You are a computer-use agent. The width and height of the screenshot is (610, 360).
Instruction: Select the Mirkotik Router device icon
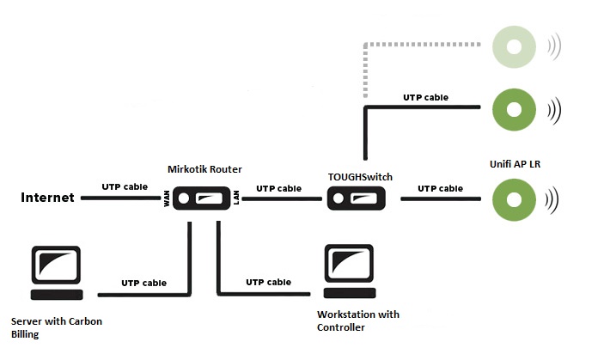point(204,200)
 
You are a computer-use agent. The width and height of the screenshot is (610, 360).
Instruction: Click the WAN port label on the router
point(167,200)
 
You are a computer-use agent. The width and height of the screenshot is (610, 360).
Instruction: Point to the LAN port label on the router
point(237,200)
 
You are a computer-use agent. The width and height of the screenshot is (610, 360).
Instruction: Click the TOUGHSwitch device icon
point(359,200)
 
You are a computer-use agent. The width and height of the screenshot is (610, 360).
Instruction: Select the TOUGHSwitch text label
point(360,177)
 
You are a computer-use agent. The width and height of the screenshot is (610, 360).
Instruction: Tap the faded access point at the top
point(514,47)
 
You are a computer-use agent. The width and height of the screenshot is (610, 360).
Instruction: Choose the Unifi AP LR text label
point(519,162)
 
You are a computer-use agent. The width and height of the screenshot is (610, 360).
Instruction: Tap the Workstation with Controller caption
point(357,320)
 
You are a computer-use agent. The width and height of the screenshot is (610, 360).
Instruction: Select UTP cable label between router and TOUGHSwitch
point(278,188)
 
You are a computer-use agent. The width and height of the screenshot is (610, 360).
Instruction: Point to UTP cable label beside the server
point(143,283)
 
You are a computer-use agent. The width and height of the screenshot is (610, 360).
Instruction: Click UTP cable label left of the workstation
point(268,282)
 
